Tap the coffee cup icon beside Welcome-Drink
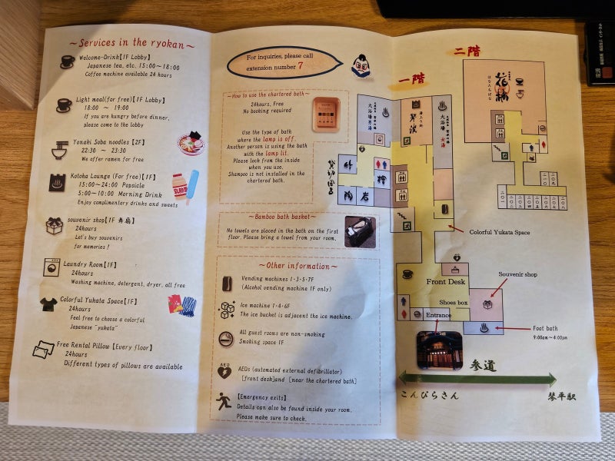(68, 61)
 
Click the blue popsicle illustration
(191, 184)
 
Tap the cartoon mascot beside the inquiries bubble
(361, 66)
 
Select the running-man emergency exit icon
(224, 400)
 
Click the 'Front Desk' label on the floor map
(446, 282)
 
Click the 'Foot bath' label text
(545, 328)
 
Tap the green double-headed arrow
(477, 379)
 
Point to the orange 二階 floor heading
(467, 51)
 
